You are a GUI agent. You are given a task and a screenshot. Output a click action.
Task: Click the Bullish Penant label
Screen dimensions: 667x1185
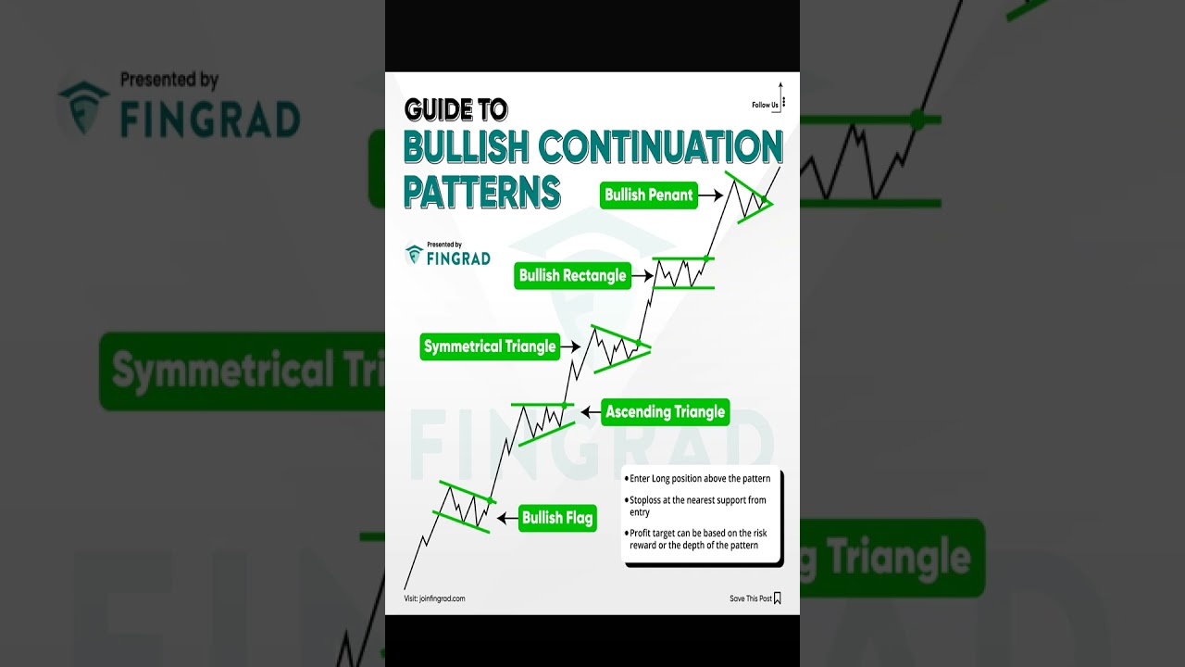click(x=648, y=195)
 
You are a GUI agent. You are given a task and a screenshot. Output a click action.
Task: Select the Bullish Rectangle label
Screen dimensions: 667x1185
click(x=572, y=275)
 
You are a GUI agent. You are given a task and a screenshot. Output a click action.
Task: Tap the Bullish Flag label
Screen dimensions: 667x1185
click(x=556, y=518)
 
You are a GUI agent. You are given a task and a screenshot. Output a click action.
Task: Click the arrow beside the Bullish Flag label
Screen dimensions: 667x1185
click(x=507, y=519)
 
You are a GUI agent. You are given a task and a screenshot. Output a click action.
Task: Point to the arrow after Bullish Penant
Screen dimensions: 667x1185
click(x=710, y=195)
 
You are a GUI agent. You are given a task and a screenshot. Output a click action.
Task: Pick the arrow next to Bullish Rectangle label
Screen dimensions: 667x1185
click(x=642, y=275)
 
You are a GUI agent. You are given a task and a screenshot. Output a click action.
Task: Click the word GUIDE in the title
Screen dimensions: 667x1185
click(x=440, y=110)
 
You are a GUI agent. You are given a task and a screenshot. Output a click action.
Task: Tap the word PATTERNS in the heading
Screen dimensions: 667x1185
click(x=482, y=190)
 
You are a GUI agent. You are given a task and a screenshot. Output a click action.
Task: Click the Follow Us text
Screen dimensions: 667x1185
click(x=765, y=105)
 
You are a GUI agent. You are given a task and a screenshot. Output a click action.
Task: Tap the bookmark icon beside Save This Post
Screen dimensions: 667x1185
click(x=778, y=598)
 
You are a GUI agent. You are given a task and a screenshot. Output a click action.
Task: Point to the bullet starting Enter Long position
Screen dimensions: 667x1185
click(x=699, y=479)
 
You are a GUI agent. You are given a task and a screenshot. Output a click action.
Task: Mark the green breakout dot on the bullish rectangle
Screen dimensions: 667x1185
click(x=706, y=258)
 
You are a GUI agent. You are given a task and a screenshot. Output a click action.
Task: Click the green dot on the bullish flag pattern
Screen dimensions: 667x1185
click(x=490, y=501)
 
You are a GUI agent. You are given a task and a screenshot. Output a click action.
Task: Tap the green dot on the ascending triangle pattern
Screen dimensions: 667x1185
click(x=564, y=406)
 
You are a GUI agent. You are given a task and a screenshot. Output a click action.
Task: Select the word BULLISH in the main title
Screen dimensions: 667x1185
click(x=465, y=148)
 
